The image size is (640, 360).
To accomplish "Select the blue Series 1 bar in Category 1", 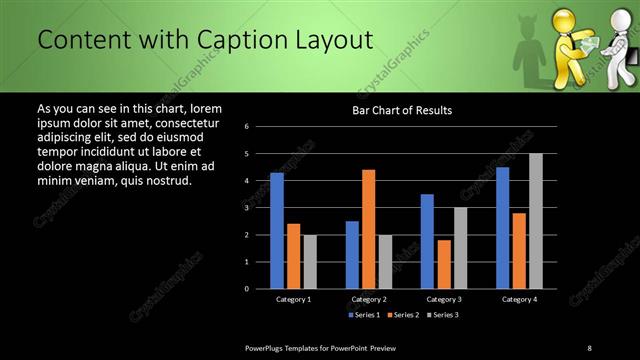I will [277, 230].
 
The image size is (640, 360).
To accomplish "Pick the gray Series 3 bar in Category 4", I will [535, 220].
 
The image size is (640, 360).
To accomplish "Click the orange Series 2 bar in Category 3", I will [443, 263].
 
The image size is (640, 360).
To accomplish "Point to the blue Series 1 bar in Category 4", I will [502, 227].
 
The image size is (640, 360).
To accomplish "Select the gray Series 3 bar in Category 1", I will [309, 261].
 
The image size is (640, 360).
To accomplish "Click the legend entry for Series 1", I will [365, 315].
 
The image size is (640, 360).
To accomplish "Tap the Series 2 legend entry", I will [404, 315].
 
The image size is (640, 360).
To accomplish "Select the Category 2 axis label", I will [368, 299].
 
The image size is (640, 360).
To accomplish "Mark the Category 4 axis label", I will [518, 299].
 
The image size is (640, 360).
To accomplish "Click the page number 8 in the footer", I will [589, 347].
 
